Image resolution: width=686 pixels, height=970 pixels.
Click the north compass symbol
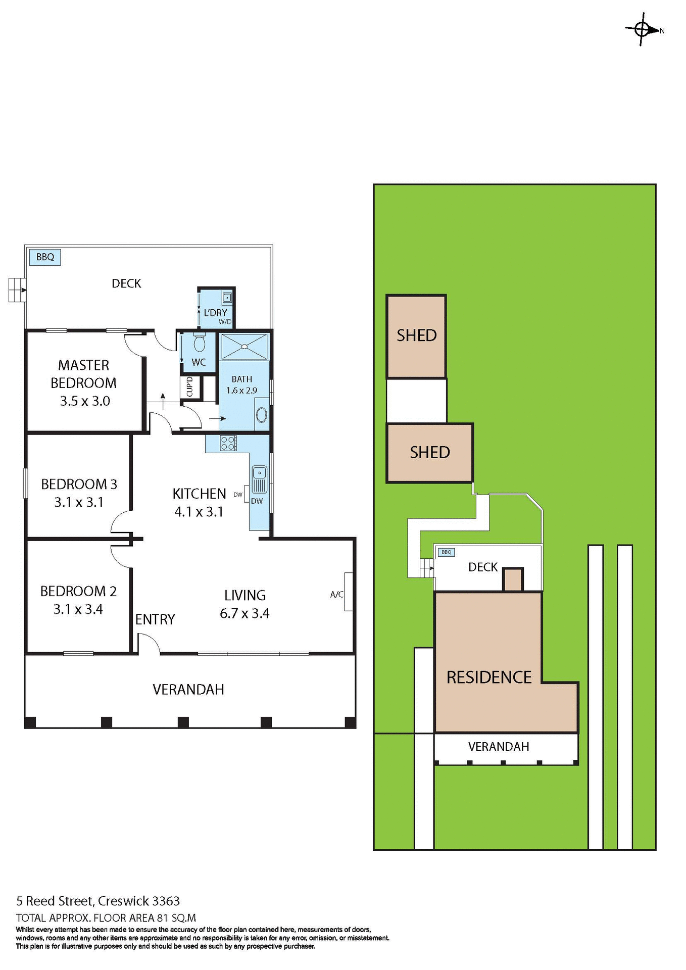(642, 29)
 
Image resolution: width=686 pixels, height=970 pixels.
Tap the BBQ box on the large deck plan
(45, 257)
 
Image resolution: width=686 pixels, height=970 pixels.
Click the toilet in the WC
(200, 343)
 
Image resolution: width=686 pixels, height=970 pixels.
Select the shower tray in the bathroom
(244, 347)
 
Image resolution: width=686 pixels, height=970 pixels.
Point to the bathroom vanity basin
(262, 415)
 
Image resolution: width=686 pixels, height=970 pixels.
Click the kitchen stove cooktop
(228, 443)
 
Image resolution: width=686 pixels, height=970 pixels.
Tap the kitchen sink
(259, 479)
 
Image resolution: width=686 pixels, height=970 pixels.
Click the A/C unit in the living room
(348, 592)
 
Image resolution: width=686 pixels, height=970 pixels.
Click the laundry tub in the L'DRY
(227, 298)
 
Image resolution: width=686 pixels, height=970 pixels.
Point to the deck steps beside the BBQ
(17, 290)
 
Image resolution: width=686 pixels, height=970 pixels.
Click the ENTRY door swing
(149, 644)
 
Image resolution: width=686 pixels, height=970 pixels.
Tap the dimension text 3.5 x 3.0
(85, 401)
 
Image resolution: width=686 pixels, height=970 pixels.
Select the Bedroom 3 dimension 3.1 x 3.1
(79, 502)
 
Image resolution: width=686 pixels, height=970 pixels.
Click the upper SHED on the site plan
(416, 335)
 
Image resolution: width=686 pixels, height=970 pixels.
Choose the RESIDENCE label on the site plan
(489, 677)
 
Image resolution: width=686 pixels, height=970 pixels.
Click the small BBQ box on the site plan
(446, 552)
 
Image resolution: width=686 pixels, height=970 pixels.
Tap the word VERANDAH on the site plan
(499, 747)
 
